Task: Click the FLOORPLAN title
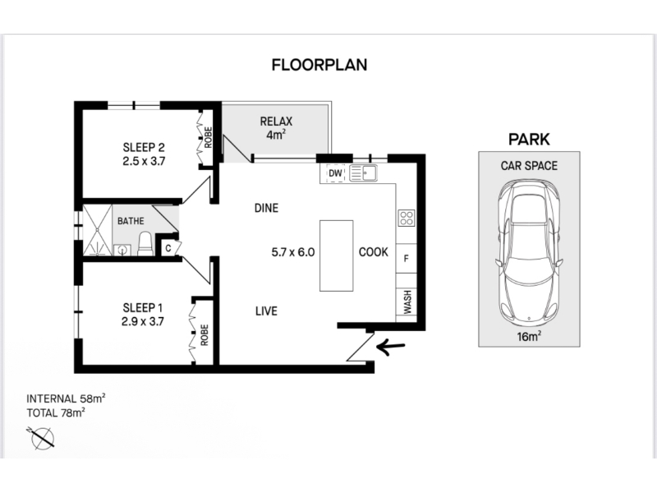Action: click(319, 65)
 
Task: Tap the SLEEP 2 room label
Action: click(144, 148)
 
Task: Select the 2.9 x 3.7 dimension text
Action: click(143, 321)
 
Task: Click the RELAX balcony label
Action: click(276, 122)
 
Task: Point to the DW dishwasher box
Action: click(335, 173)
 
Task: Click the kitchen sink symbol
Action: click(363, 173)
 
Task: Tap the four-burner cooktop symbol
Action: click(407, 218)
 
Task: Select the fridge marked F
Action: click(406, 259)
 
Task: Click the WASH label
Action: click(407, 302)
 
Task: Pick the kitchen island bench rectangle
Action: click(336, 256)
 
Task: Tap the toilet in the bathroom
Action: click(145, 244)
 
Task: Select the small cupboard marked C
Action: click(168, 248)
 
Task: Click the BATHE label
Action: click(131, 221)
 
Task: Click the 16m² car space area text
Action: click(529, 336)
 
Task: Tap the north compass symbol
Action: click(42, 438)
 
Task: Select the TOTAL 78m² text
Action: click(56, 412)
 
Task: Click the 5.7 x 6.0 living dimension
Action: click(293, 252)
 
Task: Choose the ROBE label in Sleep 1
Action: click(204, 335)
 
